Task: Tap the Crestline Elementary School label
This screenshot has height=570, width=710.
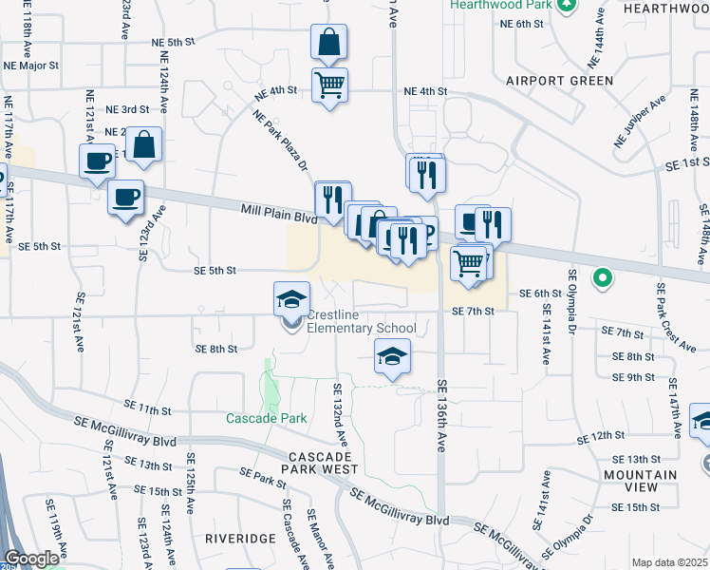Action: tap(362, 322)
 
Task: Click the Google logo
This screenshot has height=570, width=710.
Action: tap(31, 560)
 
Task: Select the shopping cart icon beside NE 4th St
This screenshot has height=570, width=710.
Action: tap(329, 85)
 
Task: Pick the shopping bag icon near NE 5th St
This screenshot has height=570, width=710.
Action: tap(328, 43)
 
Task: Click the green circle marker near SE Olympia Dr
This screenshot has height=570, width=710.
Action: tap(601, 279)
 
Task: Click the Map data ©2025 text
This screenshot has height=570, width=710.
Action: tap(669, 562)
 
